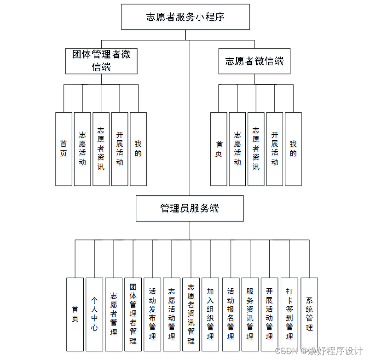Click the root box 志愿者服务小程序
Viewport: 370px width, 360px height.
[185, 17]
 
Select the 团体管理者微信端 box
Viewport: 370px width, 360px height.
[101, 61]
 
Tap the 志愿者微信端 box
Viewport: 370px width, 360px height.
[254, 61]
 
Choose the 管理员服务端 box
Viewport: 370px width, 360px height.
[190, 208]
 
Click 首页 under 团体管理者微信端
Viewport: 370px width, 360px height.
[64, 149]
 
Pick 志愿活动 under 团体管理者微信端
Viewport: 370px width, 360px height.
[82, 149]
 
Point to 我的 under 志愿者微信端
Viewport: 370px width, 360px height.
[293, 149]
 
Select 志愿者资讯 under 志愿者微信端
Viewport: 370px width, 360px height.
[256, 149]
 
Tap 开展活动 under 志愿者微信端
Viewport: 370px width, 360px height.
[275, 149]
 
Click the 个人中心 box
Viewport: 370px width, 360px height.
[94, 314]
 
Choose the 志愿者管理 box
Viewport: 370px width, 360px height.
[114, 314]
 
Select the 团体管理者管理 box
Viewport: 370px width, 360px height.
[133, 314]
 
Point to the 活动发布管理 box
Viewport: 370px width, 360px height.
[152, 314]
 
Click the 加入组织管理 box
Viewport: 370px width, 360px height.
[210, 314]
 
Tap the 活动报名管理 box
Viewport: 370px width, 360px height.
[231, 314]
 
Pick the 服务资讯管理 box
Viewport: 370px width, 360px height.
[250, 314]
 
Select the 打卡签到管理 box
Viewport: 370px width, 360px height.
[289, 314]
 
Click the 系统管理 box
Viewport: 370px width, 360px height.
[309, 314]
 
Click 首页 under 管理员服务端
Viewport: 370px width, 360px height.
[75, 314]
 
